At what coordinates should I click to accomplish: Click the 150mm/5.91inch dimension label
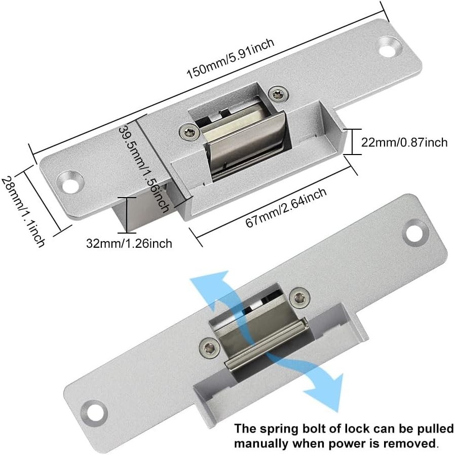point(230,58)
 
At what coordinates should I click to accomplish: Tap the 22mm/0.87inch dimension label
point(404,142)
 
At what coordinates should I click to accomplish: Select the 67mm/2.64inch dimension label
point(286,207)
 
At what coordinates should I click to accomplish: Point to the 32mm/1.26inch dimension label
point(129,243)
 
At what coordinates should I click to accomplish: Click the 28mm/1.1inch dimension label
point(23,212)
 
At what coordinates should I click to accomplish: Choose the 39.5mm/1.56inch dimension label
point(144,169)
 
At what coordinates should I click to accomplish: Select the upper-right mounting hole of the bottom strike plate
point(415,233)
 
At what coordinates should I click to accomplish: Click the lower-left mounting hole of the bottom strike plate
point(94,413)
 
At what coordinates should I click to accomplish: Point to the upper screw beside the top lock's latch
point(279,94)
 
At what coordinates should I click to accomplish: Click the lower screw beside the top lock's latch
point(189,132)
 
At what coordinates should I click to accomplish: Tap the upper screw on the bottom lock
point(300,297)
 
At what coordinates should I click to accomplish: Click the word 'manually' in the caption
point(260,444)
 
